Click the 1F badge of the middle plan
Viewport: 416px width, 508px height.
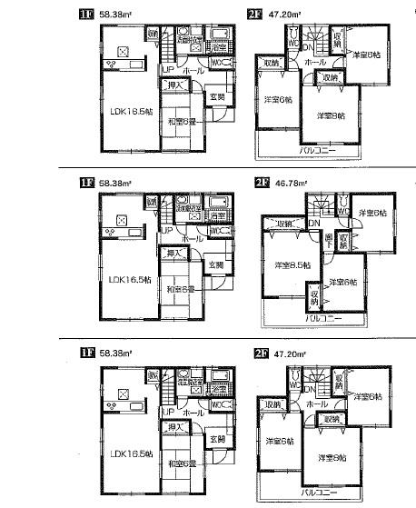(85, 183)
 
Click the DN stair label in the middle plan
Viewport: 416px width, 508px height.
(312, 224)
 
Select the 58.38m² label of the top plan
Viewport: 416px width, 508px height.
(114, 14)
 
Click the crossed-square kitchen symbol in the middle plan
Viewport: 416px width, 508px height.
(121, 219)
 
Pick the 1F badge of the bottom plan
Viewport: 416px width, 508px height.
(85, 353)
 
